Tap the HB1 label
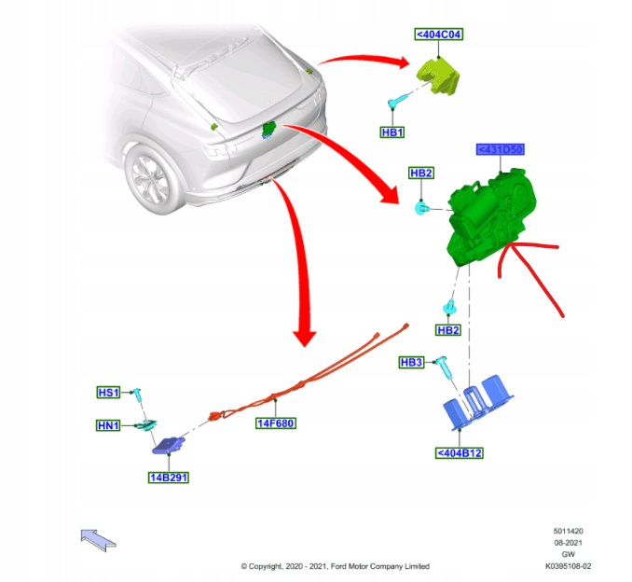[392, 132]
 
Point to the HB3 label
[411, 362]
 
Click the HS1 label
[109, 393]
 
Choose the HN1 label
[109, 426]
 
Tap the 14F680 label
[276, 423]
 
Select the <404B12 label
[459, 454]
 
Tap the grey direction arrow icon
[99, 539]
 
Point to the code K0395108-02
[568, 565]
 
